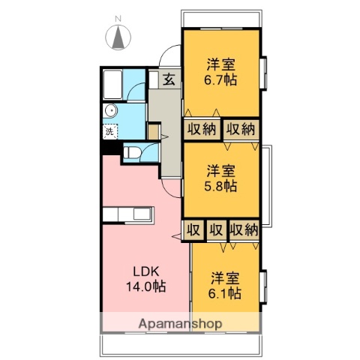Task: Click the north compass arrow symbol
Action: [119, 38]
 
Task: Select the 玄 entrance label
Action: [169, 78]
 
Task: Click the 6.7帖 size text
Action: [221, 79]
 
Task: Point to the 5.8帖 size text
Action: [222, 185]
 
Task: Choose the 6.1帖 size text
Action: [225, 293]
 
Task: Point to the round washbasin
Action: [111, 111]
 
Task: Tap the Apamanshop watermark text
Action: [180, 324]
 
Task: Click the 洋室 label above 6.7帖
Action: [221, 64]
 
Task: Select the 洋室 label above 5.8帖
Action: [222, 169]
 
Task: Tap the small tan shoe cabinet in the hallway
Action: [154, 133]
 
